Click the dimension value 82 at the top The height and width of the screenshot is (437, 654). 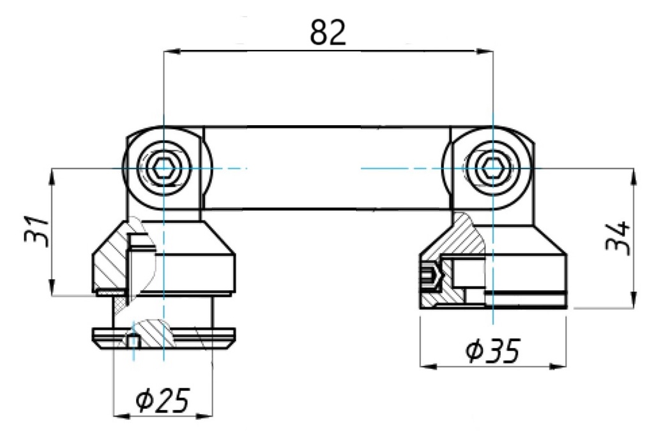pos(328,32)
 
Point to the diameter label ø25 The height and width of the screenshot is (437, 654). pos(162,401)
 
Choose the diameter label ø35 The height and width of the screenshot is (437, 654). pos(492,351)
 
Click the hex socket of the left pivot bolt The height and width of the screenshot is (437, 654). pos(163,169)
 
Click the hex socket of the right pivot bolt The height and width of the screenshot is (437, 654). pos(493,169)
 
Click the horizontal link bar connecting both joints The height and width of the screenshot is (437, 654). pos(327,167)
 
